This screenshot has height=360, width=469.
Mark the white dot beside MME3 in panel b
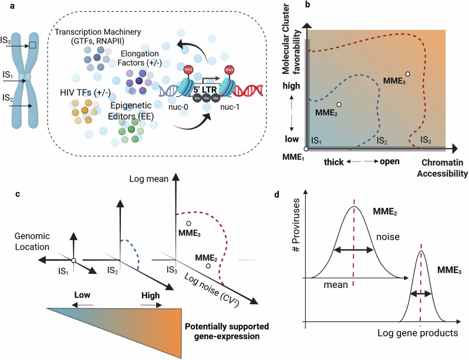coord(407,74)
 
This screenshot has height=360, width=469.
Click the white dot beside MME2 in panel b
coord(339,105)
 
